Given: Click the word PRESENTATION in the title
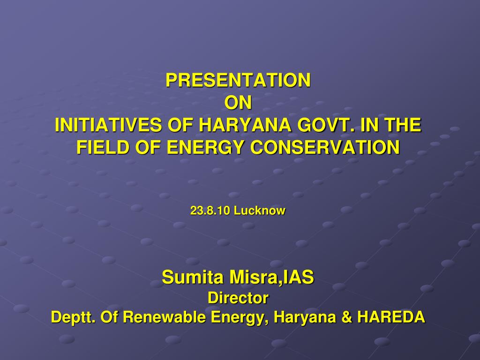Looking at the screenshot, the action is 238,80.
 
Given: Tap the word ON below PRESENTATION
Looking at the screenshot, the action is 238,103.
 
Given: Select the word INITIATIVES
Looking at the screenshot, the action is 108,125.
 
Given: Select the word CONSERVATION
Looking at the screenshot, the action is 325,147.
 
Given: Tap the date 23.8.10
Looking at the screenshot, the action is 210,210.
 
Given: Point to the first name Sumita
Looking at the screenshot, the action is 193,277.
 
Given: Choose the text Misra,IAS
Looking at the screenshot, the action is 271,277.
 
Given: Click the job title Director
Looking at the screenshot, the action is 238,298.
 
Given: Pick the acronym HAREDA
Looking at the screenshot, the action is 391,317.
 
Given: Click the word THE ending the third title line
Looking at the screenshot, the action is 403,125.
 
